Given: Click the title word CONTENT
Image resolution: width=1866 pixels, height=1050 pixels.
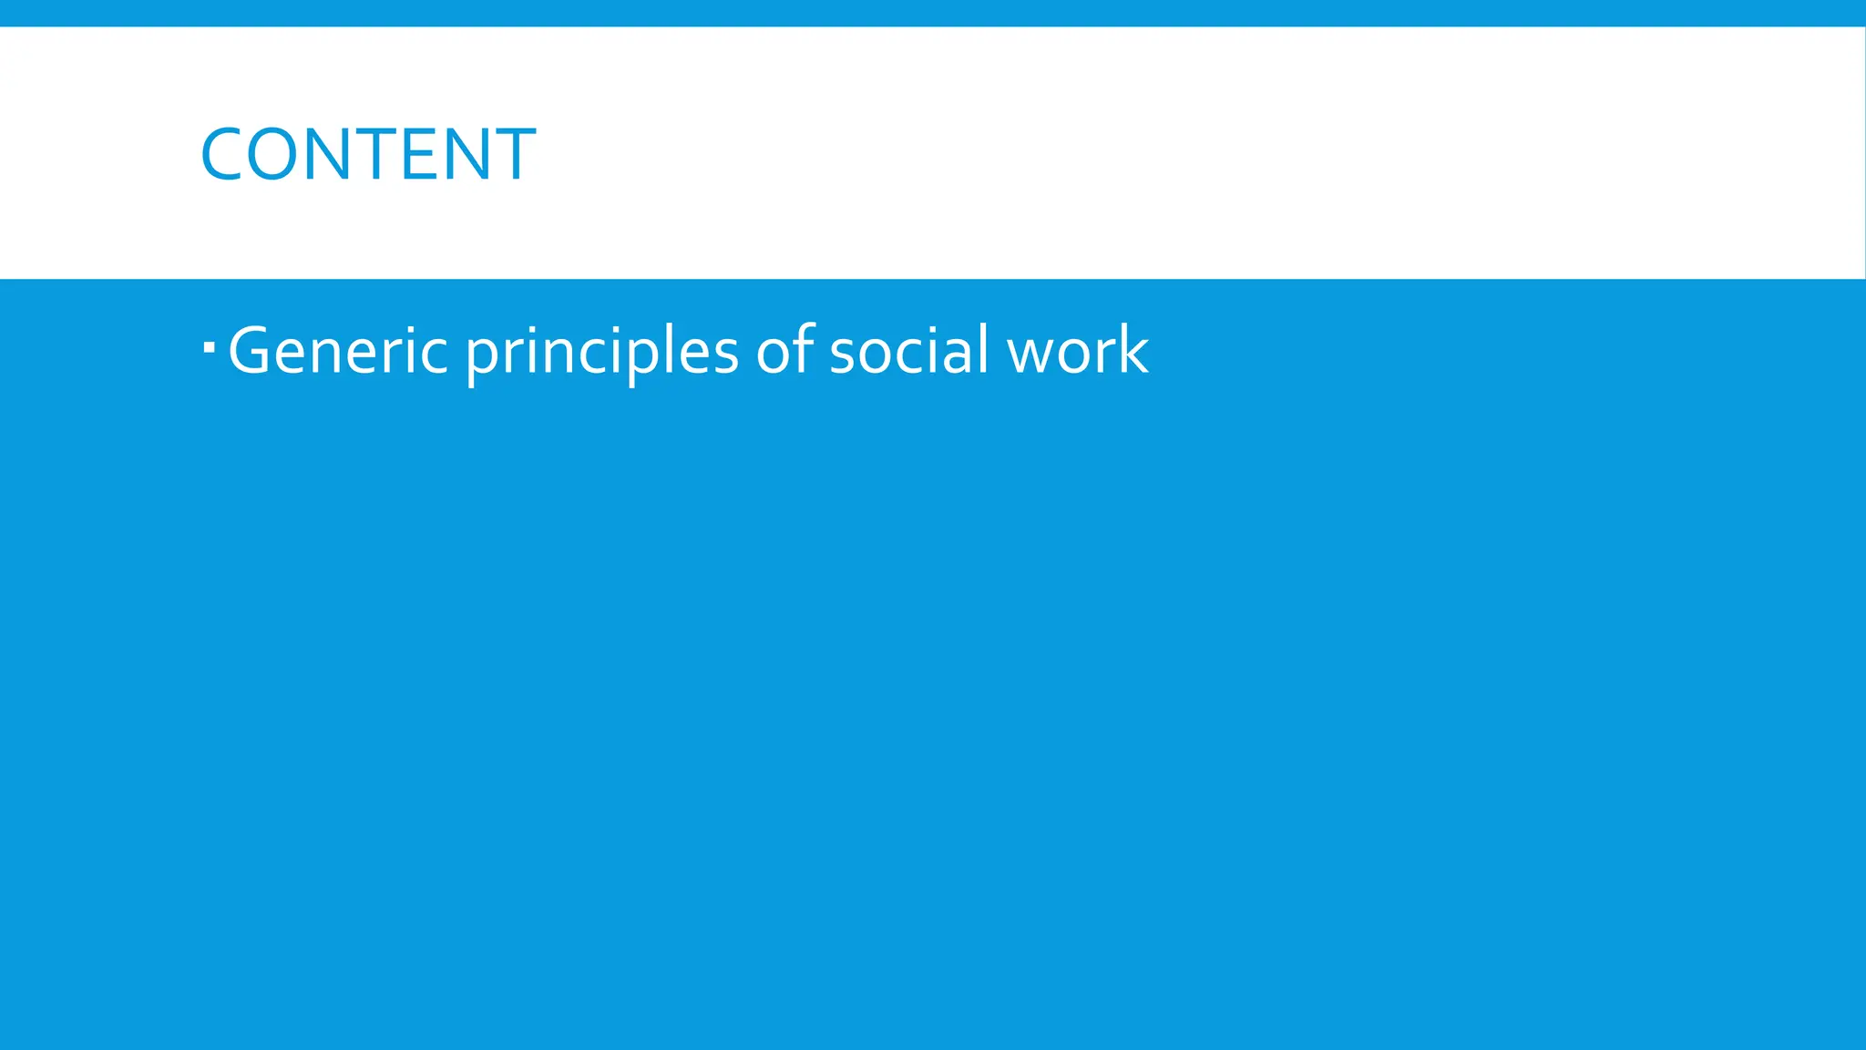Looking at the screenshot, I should [368, 154].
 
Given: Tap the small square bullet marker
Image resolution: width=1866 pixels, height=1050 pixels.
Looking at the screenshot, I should [210, 345].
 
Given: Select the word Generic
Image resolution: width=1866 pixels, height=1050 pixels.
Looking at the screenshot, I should [338, 351].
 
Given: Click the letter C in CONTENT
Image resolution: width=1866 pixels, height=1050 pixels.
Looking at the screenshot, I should [221, 154].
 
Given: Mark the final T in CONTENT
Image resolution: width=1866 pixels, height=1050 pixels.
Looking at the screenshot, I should [514, 154].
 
